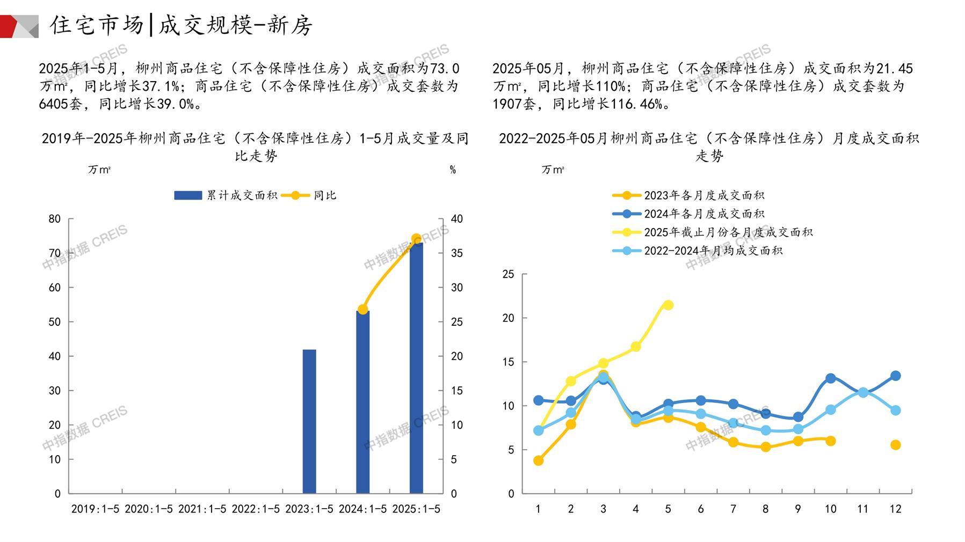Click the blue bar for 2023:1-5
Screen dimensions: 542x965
point(309,421)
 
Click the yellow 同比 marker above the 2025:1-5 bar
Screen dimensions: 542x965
point(416,239)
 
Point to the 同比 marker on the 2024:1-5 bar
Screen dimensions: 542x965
point(362,310)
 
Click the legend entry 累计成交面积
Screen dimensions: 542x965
point(226,195)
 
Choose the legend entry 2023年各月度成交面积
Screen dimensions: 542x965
point(688,195)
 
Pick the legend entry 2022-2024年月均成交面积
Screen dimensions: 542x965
point(697,251)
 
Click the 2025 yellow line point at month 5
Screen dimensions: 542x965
point(668,305)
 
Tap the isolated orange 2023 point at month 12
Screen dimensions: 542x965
point(895,445)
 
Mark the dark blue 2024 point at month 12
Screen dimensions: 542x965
point(895,376)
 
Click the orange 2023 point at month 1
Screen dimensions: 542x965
point(538,460)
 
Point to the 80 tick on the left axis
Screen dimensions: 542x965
point(55,219)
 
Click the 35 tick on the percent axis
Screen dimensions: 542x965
point(456,253)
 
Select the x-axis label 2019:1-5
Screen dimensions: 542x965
point(95,509)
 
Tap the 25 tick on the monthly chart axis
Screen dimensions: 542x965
point(508,275)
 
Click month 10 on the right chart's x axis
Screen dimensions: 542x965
point(830,509)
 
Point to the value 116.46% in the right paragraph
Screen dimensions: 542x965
point(636,104)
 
